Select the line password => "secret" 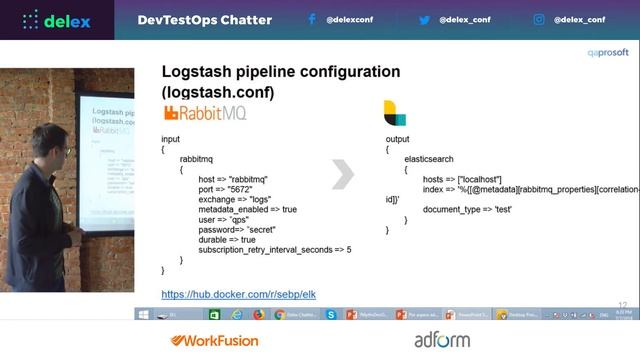(239, 230)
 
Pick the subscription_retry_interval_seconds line (274, 250)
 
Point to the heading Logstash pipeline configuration (281, 72)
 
